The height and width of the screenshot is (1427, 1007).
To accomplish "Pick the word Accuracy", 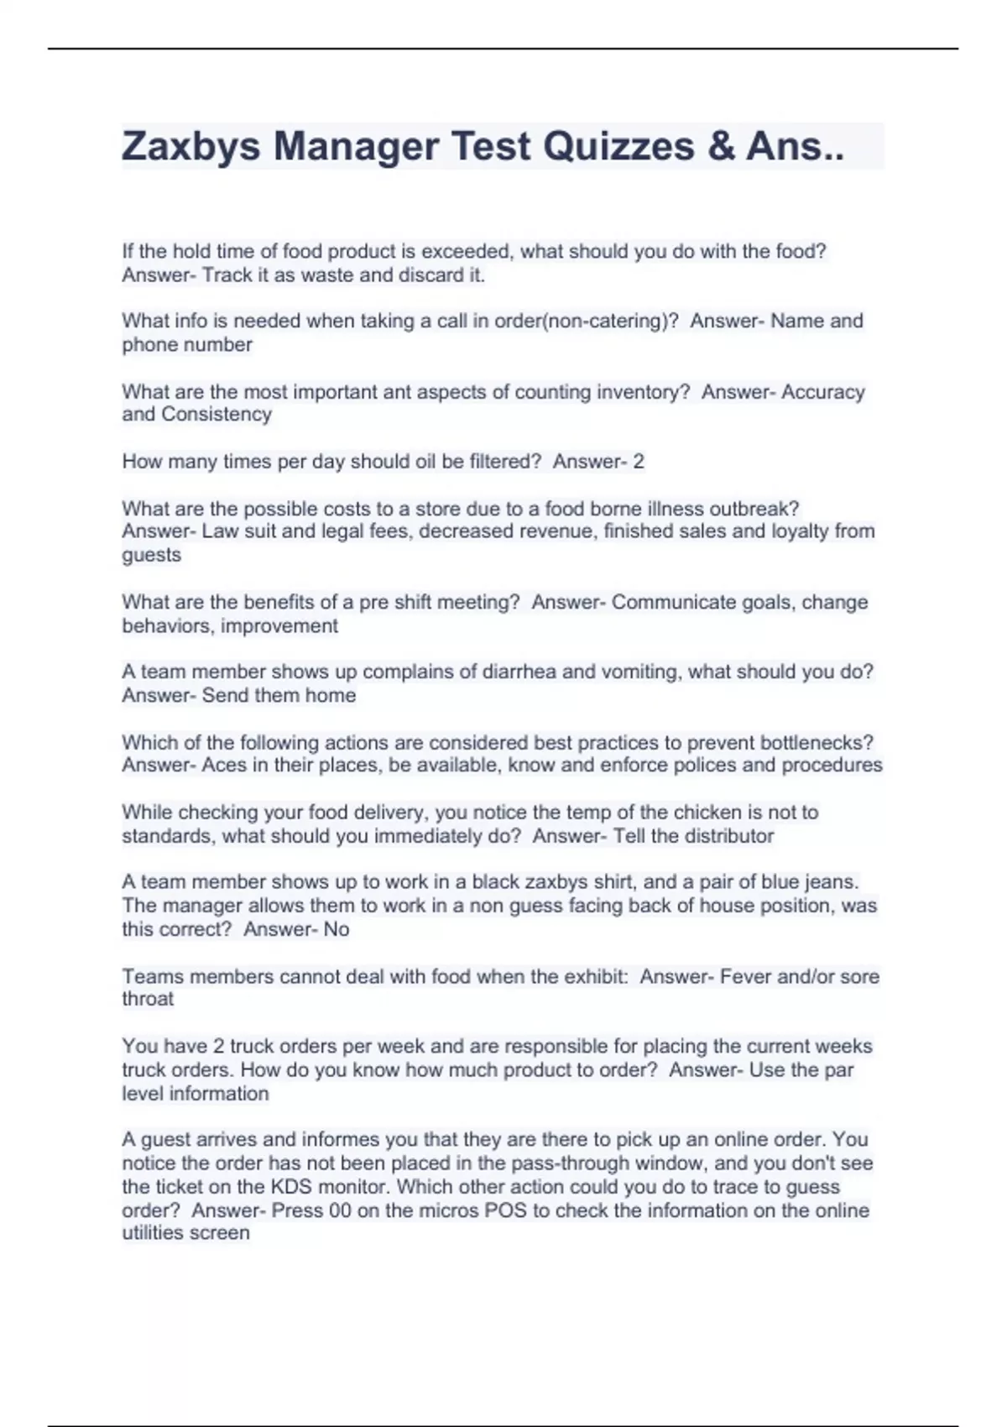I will click(x=822, y=392).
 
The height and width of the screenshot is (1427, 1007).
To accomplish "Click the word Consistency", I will click(x=217, y=415).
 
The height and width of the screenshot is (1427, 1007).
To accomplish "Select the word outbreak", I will click(x=754, y=509).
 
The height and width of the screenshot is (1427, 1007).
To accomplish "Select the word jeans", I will click(x=831, y=882).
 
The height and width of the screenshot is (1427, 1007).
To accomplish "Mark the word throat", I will click(x=148, y=1000).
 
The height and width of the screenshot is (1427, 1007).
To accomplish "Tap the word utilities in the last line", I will click(x=155, y=1233).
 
